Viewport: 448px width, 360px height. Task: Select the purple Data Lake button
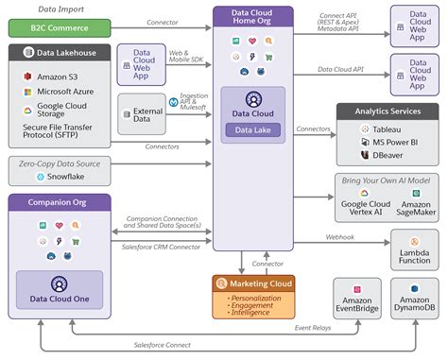[x=252, y=129]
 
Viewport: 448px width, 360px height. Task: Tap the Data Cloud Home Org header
[x=252, y=19]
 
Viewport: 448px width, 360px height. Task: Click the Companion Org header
[x=59, y=203]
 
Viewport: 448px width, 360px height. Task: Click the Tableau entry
[x=379, y=126]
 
